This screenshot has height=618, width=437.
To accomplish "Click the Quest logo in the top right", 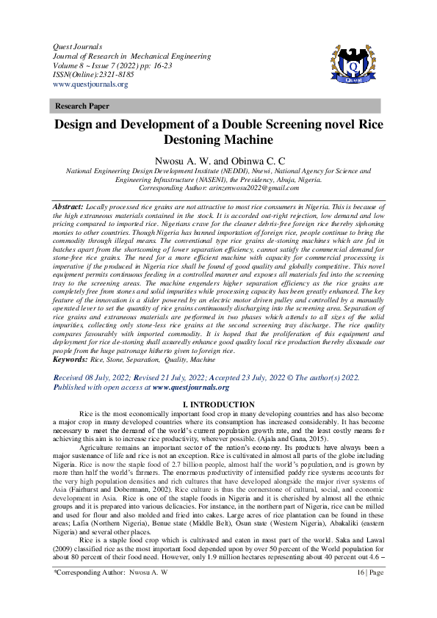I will (353, 70).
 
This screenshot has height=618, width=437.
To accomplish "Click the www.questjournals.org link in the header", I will (90, 84).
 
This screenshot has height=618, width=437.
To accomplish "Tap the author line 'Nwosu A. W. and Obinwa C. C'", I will (218, 159).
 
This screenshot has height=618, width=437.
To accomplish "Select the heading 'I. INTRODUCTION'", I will (218, 405).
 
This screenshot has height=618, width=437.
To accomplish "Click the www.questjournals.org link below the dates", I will (190, 387).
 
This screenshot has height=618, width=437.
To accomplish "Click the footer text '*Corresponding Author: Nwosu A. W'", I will (117, 591).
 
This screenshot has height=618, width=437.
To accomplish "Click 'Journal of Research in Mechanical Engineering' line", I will (127, 56).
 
